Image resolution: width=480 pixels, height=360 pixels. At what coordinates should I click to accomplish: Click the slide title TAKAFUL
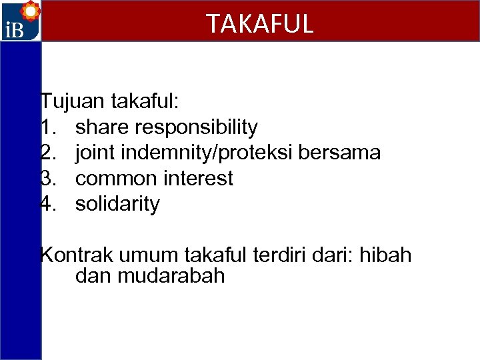tap(259, 24)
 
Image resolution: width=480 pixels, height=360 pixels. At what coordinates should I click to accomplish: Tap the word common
tap(117, 179)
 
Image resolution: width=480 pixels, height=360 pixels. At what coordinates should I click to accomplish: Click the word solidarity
tap(117, 204)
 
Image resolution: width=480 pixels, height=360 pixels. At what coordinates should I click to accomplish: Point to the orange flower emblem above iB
tap(30, 12)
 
